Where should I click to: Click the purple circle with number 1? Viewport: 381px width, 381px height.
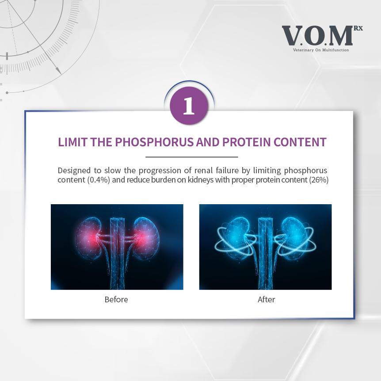tap(189, 106)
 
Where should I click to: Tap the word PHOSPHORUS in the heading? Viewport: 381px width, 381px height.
tap(155, 142)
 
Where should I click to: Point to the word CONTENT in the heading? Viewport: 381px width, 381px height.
tap(300, 142)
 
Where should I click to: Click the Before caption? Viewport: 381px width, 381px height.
tap(116, 299)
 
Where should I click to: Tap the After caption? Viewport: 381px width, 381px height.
tap(267, 299)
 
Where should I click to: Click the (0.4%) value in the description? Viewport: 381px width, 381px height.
tap(99, 180)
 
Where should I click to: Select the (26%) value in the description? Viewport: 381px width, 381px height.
tap(319, 180)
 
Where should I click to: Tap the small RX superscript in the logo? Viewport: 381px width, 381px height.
tap(358, 28)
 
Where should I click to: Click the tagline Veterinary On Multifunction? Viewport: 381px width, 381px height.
tap(321, 50)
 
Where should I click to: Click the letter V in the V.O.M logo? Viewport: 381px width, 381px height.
tap(292, 36)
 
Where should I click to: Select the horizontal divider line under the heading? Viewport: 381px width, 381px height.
tap(191, 157)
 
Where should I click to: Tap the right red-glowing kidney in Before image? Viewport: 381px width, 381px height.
tap(146, 238)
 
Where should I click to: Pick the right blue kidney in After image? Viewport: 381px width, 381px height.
tap(294, 238)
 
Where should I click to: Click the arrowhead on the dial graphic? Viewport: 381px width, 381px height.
tap(58, 70)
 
